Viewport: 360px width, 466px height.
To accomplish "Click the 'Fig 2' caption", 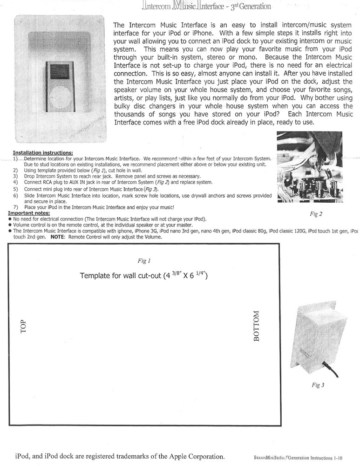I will (x=316, y=214).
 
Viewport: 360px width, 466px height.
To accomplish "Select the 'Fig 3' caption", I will (x=318, y=385).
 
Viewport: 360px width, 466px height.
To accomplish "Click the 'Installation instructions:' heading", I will (x=42, y=152).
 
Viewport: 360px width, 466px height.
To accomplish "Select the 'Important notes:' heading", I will (x=29, y=213).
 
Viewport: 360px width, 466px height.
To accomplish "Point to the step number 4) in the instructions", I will (x=15, y=182).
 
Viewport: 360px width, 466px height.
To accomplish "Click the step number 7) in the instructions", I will (x=15, y=207).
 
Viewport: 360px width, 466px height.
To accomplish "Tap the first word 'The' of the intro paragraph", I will (x=119, y=25).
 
